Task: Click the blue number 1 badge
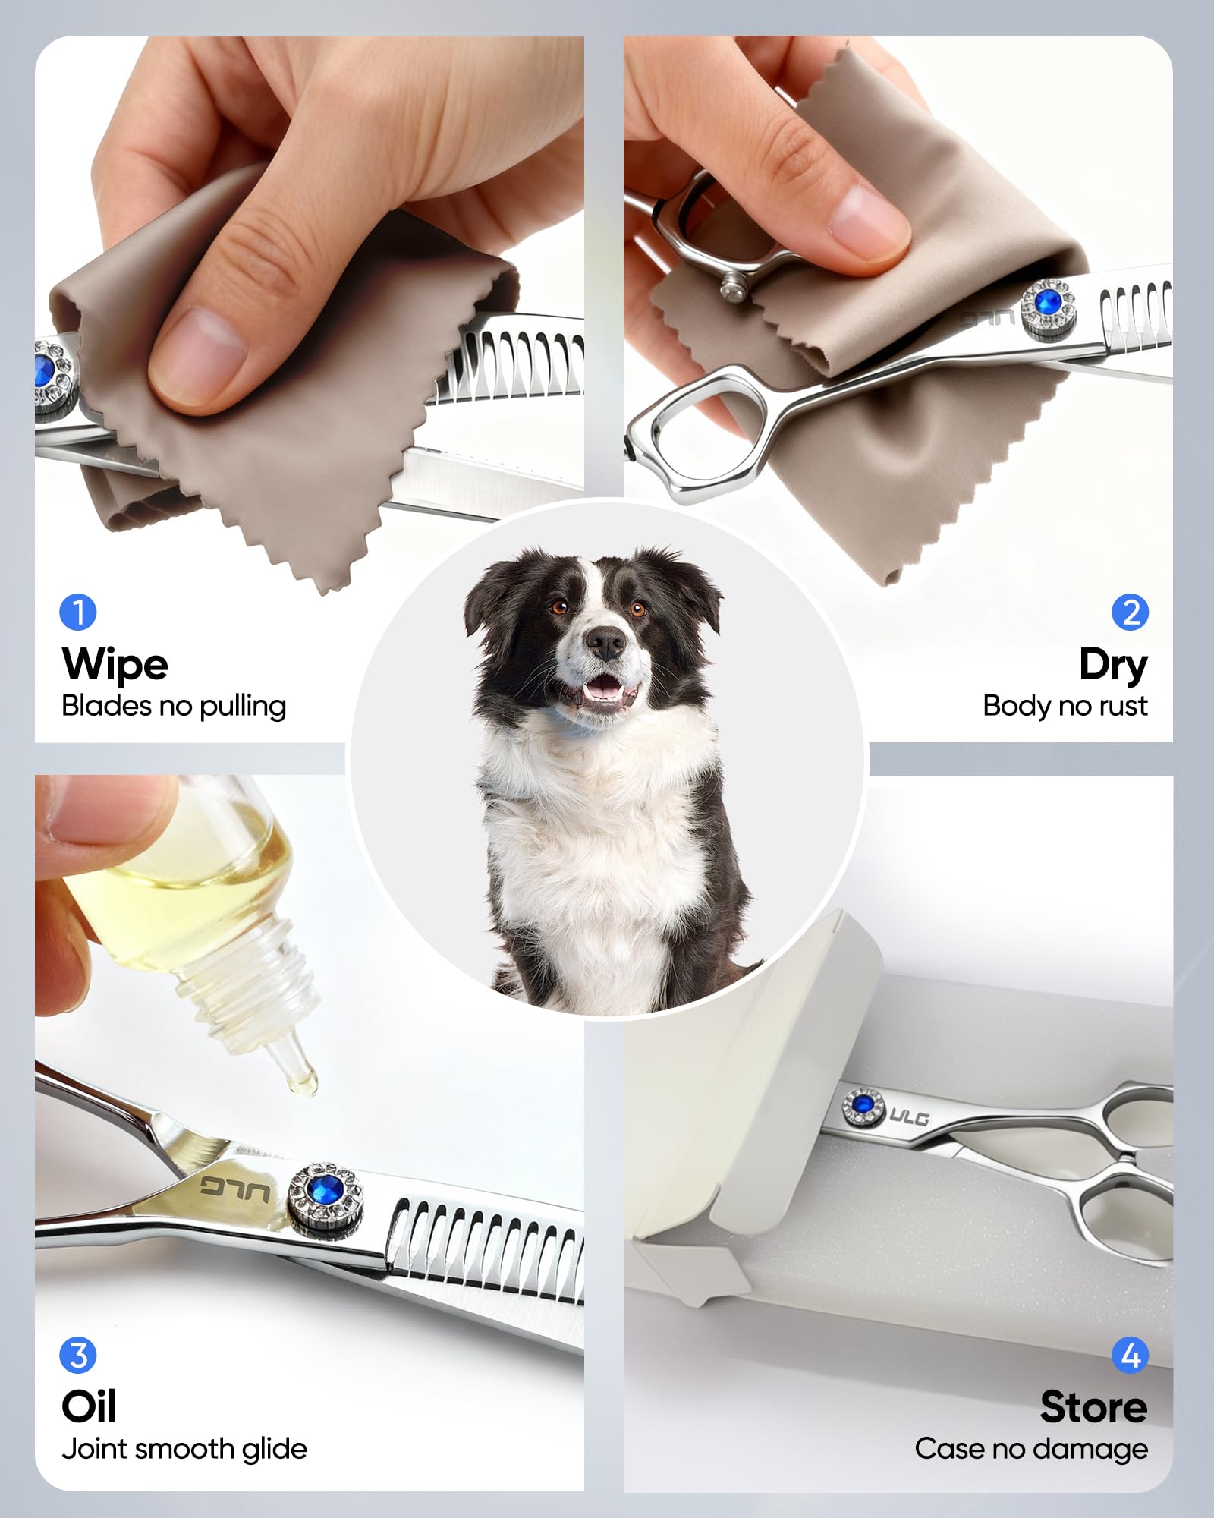(x=78, y=612)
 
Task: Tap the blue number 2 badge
(x=1131, y=612)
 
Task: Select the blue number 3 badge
(x=78, y=1355)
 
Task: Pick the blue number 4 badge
(x=1131, y=1355)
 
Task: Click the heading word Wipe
(x=115, y=665)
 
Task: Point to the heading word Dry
(x=1113, y=666)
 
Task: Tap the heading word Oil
(x=89, y=1406)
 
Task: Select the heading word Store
(x=1094, y=1406)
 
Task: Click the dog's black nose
(x=605, y=642)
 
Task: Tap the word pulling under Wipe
(x=243, y=707)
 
